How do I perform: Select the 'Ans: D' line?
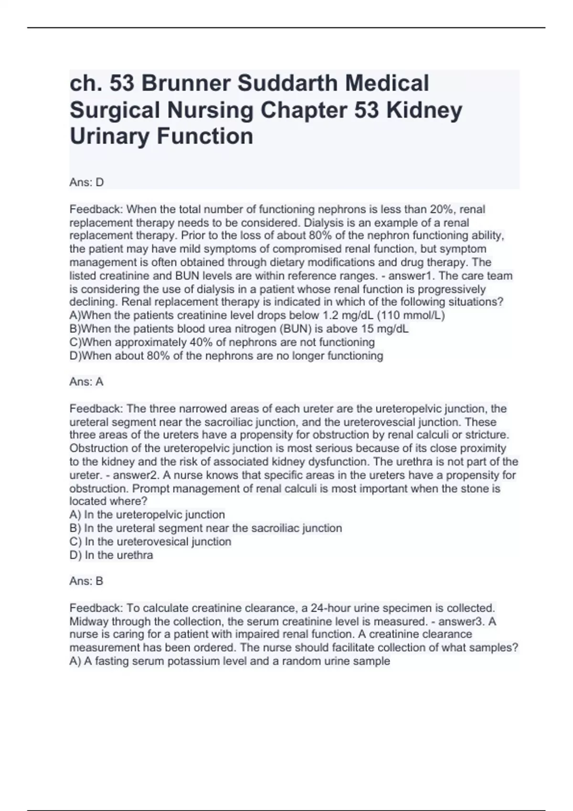[x=86, y=182]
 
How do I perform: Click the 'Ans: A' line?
[x=86, y=382]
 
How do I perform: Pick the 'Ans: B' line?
[x=86, y=581]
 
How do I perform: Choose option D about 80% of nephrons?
[x=226, y=355]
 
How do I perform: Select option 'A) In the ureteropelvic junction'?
[x=147, y=515]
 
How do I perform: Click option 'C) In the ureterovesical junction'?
[x=150, y=541]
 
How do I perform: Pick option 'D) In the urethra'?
[x=111, y=555]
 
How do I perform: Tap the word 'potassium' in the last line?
[x=177, y=661]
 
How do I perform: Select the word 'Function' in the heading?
[x=205, y=136]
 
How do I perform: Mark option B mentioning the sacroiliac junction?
[x=206, y=528]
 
